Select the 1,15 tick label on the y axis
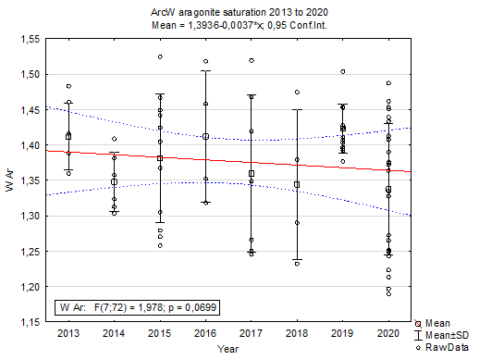click(x=27, y=322)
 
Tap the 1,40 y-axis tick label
click(x=27, y=145)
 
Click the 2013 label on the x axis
click(x=68, y=332)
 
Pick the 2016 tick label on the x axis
click(x=205, y=332)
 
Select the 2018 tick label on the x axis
click(x=297, y=332)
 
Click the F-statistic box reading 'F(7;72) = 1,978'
click(x=139, y=305)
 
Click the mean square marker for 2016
click(x=205, y=136)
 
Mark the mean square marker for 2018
click(x=297, y=184)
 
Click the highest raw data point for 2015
click(x=160, y=56)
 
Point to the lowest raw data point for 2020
click(x=388, y=294)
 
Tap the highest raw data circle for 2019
click(x=343, y=71)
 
